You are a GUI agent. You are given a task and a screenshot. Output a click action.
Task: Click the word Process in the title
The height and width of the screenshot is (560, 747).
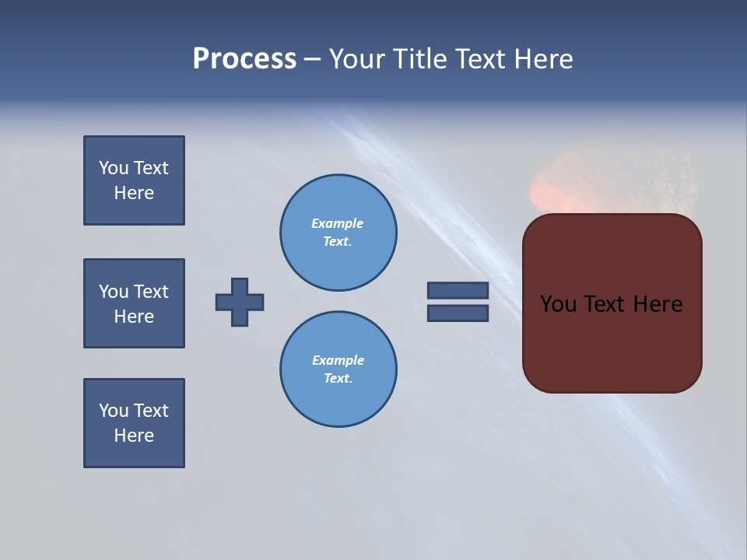point(244,59)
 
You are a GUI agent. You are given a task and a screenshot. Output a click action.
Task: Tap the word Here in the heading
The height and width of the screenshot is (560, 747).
point(542,59)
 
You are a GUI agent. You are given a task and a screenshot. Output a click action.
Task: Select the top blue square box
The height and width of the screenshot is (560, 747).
point(134,180)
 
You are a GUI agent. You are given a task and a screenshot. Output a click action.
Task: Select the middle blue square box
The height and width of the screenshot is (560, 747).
point(134,303)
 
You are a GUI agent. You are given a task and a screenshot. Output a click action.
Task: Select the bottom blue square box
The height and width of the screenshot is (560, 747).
point(134,423)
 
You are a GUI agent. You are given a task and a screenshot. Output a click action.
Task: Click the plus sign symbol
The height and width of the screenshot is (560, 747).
point(240,302)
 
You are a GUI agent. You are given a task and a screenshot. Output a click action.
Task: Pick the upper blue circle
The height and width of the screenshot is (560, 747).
point(338,233)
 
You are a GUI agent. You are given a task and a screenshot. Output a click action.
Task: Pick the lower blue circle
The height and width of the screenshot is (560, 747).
point(338,369)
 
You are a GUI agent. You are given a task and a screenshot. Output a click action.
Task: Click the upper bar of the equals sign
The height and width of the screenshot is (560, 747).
point(458,290)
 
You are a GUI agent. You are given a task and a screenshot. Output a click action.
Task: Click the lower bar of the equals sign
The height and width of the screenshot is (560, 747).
point(458,313)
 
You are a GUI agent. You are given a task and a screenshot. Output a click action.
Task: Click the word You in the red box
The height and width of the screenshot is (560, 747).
point(558,304)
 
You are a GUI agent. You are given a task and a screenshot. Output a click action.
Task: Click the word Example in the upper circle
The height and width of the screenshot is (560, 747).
point(338,223)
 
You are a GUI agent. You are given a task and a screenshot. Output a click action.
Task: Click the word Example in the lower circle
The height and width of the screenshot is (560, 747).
point(338,360)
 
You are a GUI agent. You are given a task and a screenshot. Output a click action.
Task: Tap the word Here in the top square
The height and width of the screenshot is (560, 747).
point(134,193)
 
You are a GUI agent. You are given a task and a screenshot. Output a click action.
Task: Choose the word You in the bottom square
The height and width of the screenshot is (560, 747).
point(114,411)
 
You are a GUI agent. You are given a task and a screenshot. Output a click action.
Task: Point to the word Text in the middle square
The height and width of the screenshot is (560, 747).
point(151,292)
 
